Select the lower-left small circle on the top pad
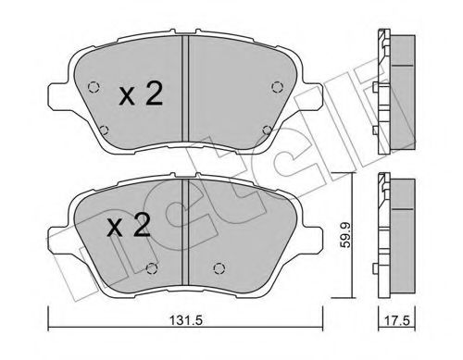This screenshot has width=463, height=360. tap(111, 130)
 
